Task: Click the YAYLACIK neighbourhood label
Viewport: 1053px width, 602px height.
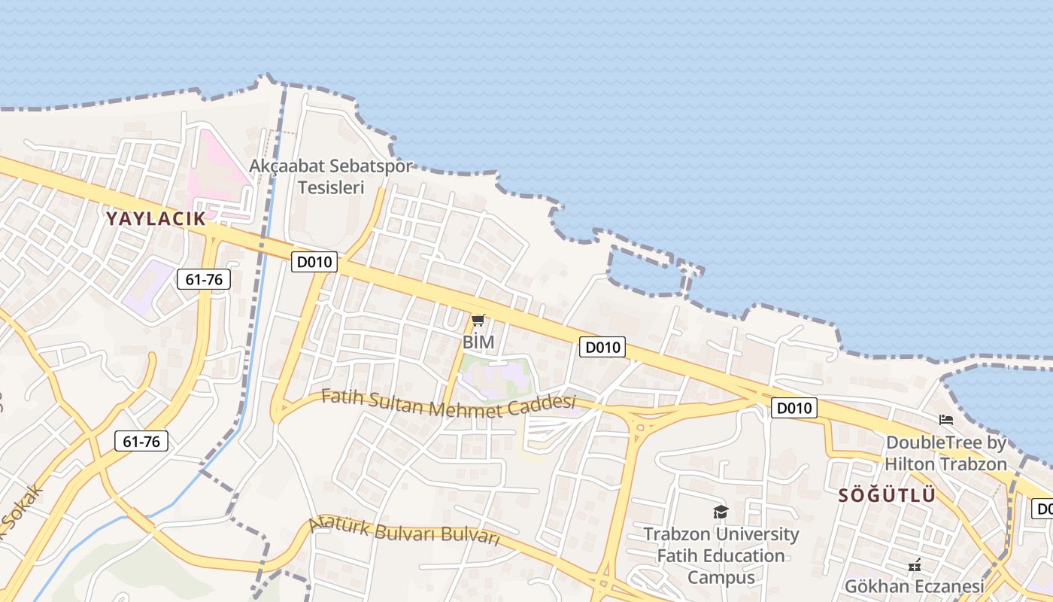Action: pos(155,219)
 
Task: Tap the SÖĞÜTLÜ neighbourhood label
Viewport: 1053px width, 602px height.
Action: pos(888,495)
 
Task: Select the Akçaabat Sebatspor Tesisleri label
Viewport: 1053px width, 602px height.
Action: pos(331,176)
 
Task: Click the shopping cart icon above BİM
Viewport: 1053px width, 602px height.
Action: pos(478,321)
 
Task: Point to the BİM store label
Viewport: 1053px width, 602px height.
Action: pos(478,342)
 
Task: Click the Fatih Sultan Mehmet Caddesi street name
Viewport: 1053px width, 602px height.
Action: pos(448,403)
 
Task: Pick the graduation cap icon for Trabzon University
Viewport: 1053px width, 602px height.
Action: pos(721,512)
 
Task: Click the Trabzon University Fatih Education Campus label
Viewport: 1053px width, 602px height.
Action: pos(721,555)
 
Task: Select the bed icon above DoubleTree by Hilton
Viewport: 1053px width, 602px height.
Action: pos(946,420)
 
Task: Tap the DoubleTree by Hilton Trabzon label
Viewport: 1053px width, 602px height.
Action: pos(945,453)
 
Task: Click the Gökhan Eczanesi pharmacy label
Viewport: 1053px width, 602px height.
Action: pos(914,585)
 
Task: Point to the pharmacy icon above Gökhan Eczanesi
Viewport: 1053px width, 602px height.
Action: pos(915,564)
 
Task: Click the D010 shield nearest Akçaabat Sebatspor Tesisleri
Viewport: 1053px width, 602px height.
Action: pos(314,262)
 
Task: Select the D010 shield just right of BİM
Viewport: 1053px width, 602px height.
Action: pos(602,347)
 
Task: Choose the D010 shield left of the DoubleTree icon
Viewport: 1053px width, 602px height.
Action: pos(794,408)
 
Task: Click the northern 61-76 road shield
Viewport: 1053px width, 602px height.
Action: pos(204,280)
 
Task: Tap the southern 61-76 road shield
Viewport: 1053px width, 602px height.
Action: pos(141,441)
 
